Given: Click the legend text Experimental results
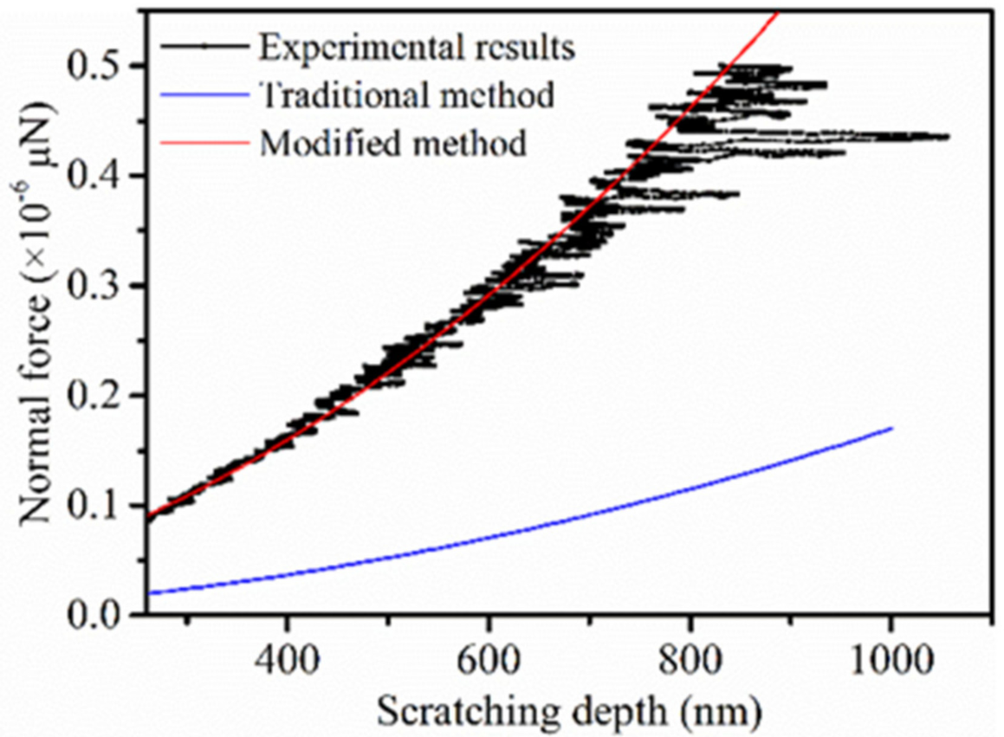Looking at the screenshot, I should [416, 48].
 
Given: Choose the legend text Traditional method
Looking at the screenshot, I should [406, 95].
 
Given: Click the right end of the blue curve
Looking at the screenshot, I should [891, 428].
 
